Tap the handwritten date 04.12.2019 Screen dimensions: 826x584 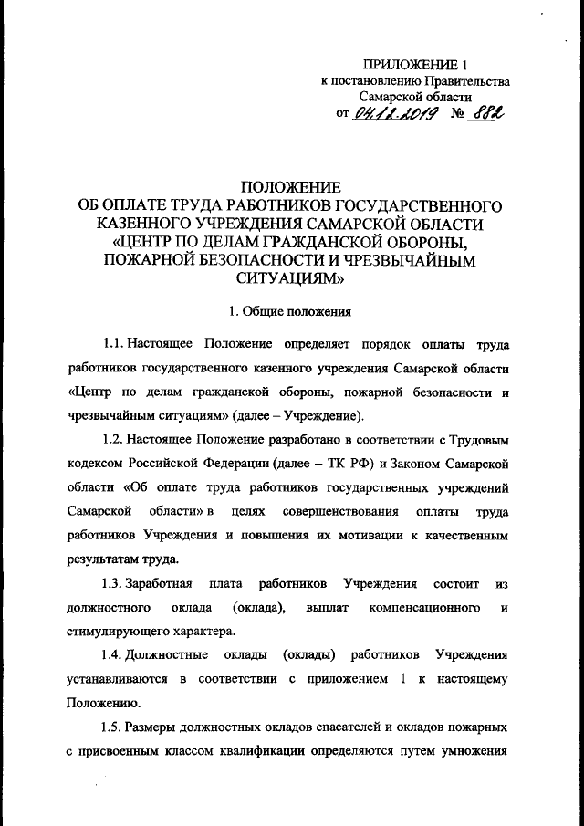[402, 115]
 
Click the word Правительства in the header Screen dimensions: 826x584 [464, 80]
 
